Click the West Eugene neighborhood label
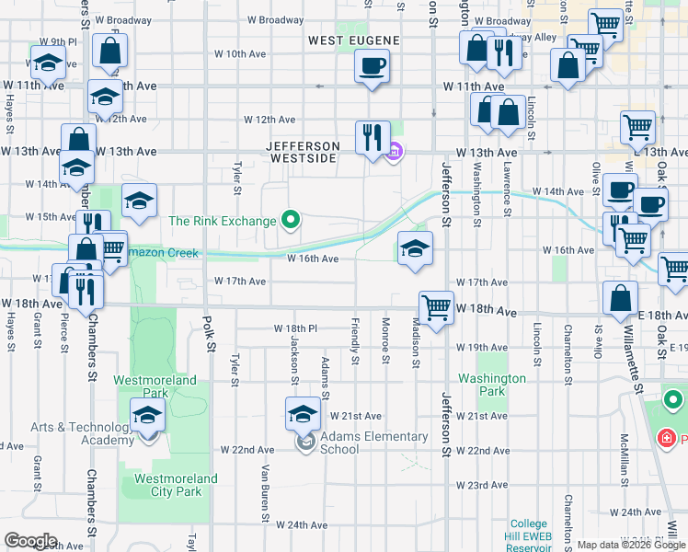point(354,40)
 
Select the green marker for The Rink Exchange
point(291,220)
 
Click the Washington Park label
point(492,385)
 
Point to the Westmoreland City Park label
point(176,485)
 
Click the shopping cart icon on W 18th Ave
point(435,306)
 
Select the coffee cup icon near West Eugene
point(372,65)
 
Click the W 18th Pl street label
point(295,328)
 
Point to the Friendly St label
point(355,341)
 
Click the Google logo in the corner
point(30,541)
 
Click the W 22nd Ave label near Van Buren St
point(247,450)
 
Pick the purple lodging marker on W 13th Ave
point(394,153)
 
